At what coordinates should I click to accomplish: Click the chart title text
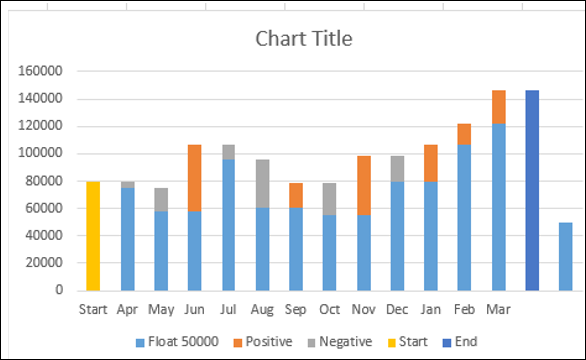coord(304,40)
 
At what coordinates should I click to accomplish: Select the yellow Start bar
coord(93,236)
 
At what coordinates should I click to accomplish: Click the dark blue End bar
coord(532,190)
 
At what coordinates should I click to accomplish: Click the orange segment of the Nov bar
coord(363,186)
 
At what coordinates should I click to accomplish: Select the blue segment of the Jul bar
coord(228,225)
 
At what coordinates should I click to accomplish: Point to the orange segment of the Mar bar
coord(498,107)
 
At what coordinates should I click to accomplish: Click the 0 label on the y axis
coord(59,291)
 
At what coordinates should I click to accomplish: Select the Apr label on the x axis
coord(127,310)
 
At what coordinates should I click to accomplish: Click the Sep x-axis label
coord(296,310)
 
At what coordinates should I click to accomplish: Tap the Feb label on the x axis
coord(464,310)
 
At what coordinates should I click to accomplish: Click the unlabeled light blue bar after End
coord(566,256)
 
